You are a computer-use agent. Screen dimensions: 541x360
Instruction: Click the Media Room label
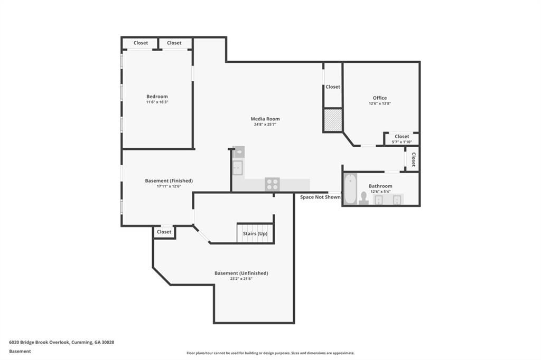click(x=265, y=119)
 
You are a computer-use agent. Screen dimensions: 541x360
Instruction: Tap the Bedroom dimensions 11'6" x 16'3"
click(x=157, y=102)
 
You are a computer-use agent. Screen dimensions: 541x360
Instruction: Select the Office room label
click(x=379, y=98)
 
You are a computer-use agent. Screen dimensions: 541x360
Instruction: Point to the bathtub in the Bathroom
click(x=350, y=189)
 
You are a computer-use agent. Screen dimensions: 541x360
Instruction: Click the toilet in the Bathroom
click(x=363, y=198)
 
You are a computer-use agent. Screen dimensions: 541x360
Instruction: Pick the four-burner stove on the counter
click(x=272, y=184)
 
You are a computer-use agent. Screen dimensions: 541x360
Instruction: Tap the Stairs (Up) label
click(x=255, y=233)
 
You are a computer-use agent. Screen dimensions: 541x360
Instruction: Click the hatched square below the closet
click(x=333, y=120)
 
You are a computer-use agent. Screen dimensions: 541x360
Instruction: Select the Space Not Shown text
click(x=320, y=197)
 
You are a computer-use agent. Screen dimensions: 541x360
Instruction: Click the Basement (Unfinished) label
click(x=241, y=273)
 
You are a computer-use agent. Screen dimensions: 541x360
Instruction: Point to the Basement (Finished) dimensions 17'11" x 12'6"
click(x=169, y=186)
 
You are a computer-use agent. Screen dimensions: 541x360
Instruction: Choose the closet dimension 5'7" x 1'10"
click(x=402, y=141)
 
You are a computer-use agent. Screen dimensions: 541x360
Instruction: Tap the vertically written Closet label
click(x=413, y=159)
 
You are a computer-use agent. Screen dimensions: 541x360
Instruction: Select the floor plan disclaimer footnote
click(x=270, y=353)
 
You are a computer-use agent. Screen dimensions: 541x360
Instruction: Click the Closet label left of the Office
click(x=333, y=87)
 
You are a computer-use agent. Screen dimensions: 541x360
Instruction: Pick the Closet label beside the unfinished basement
click(x=164, y=232)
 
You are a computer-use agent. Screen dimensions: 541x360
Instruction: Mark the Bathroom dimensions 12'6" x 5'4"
click(x=380, y=192)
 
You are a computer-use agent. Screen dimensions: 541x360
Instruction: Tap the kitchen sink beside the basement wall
click(x=237, y=168)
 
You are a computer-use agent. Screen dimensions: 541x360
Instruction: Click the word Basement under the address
click(x=20, y=352)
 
